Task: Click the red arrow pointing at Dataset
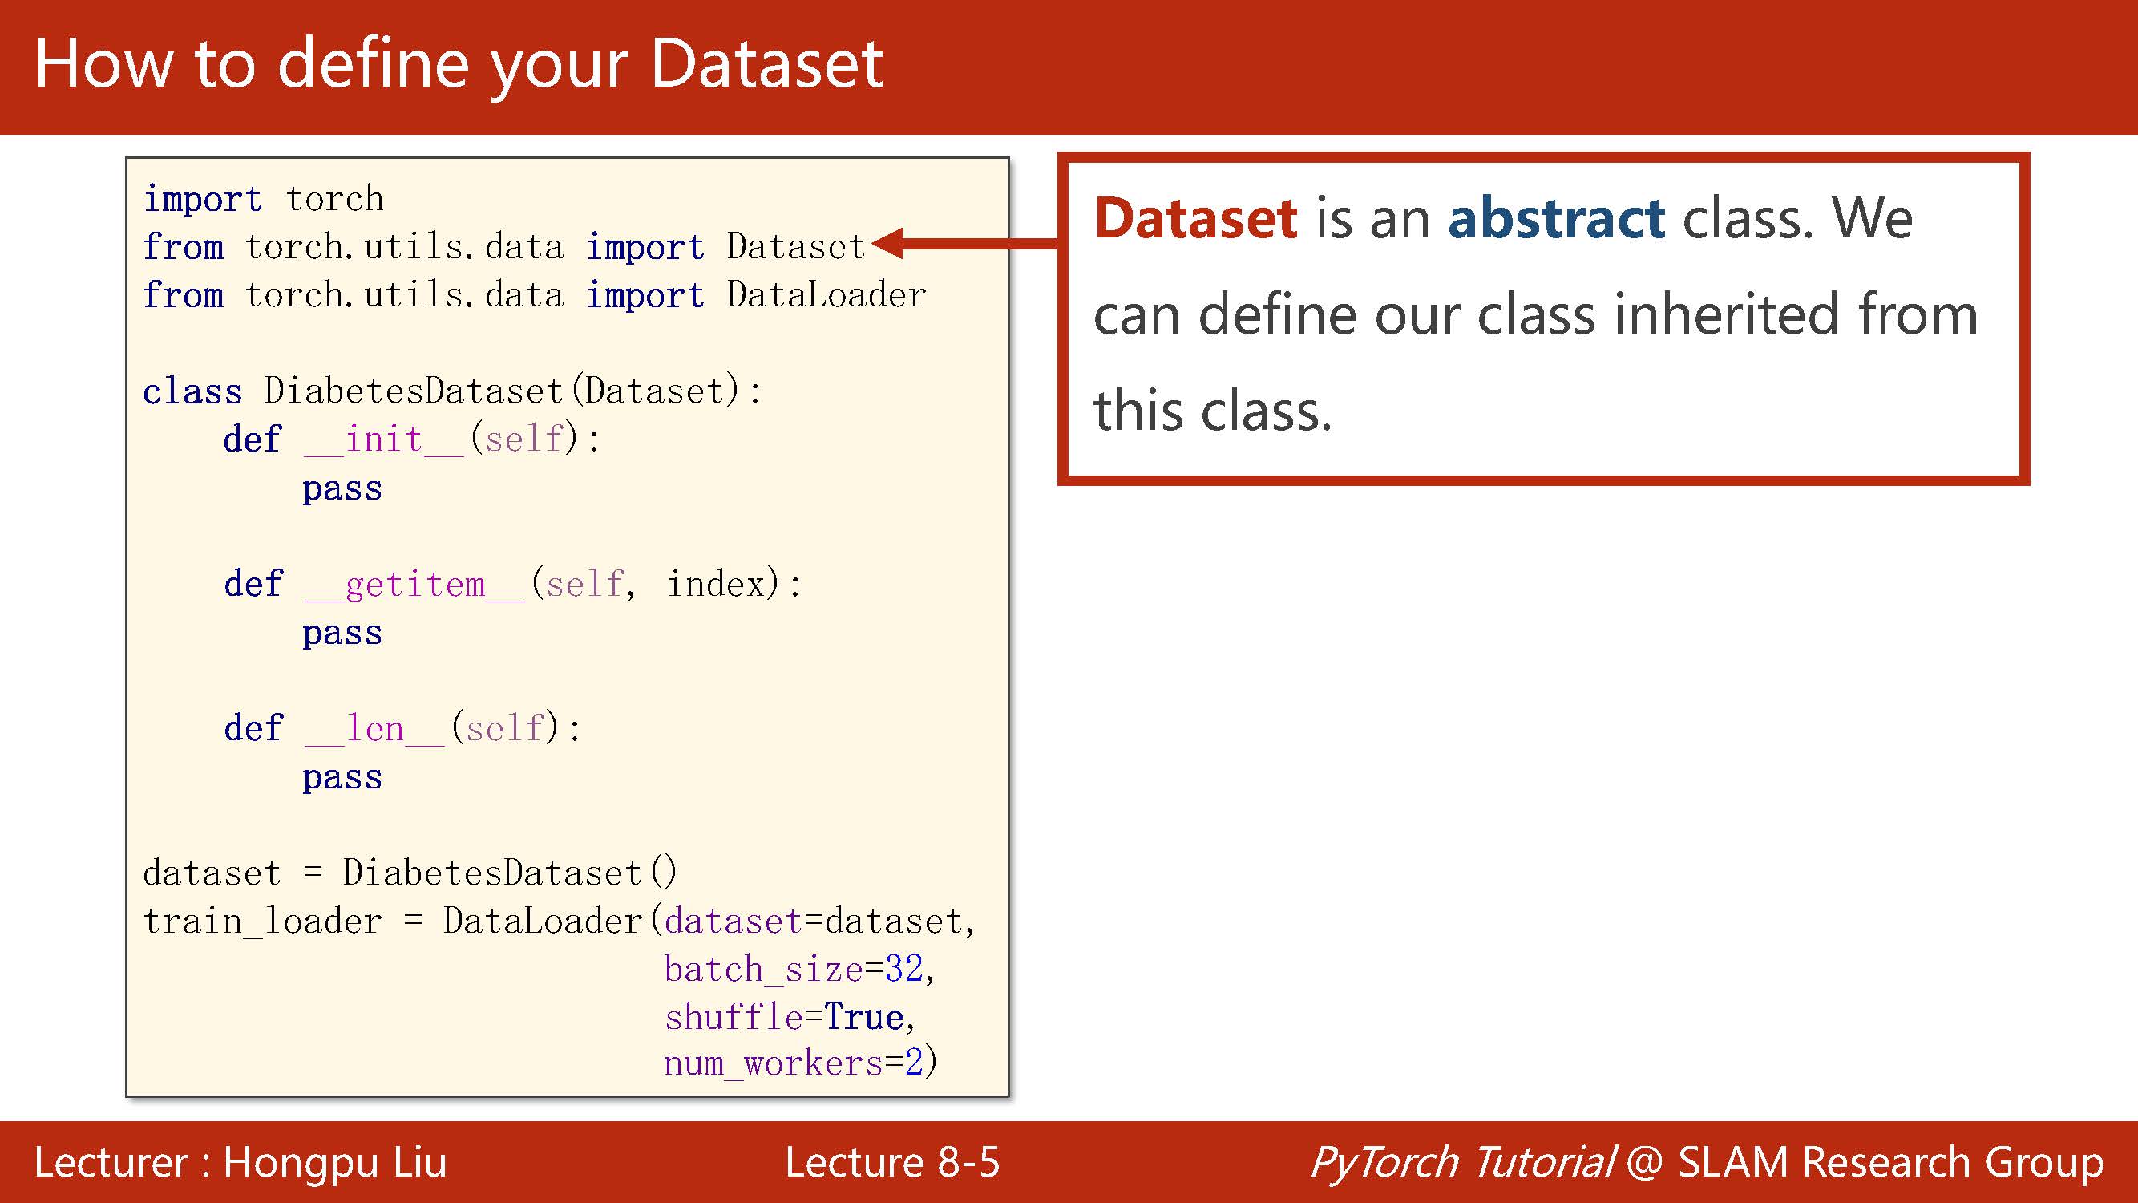pyautogui.click(x=965, y=243)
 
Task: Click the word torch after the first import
pyautogui.click(x=334, y=199)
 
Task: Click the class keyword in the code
pyautogui.click(x=192, y=391)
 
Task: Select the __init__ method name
pyautogui.click(x=383, y=440)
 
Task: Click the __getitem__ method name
pyautogui.click(x=414, y=585)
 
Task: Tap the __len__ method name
pyautogui.click(x=374, y=729)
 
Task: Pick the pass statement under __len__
pyautogui.click(x=342, y=778)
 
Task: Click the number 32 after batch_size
pyautogui.click(x=903, y=969)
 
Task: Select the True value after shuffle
pyautogui.click(x=864, y=1017)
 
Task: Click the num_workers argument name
pyautogui.click(x=774, y=1063)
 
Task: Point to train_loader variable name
pyautogui.click(x=262, y=921)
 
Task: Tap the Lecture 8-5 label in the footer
pyautogui.click(x=892, y=1161)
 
